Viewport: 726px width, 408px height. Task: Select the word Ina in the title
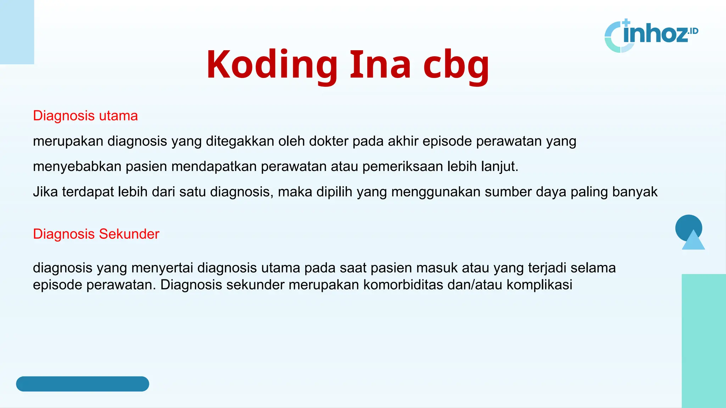click(x=380, y=64)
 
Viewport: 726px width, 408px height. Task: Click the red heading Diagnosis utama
click(x=85, y=116)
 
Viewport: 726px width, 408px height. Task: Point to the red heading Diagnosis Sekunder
click(x=96, y=234)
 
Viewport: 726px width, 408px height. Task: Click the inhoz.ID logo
click(x=652, y=35)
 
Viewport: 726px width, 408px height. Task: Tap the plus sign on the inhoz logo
click(x=626, y=23)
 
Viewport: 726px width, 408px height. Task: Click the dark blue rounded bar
click(x=83, y=384)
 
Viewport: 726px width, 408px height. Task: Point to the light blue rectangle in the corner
click(x=17, y=32)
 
